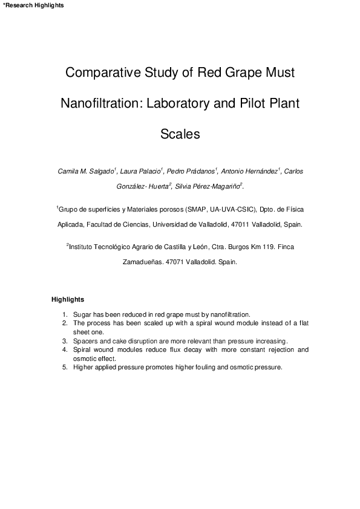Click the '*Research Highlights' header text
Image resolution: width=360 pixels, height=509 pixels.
[33, 5]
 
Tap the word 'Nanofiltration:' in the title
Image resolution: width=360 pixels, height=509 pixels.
[100, 103]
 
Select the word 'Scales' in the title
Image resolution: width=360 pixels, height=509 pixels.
[180, 134]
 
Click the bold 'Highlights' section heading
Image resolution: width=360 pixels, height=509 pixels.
[68, 299]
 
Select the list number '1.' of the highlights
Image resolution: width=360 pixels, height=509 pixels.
[65, 315]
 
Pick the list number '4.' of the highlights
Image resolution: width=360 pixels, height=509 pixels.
[65, 349]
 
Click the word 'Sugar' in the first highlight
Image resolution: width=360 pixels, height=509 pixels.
[82, 315]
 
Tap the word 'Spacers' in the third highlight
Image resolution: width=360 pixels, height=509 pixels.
[85, 341]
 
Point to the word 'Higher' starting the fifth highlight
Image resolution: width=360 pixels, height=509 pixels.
[83, 367]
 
